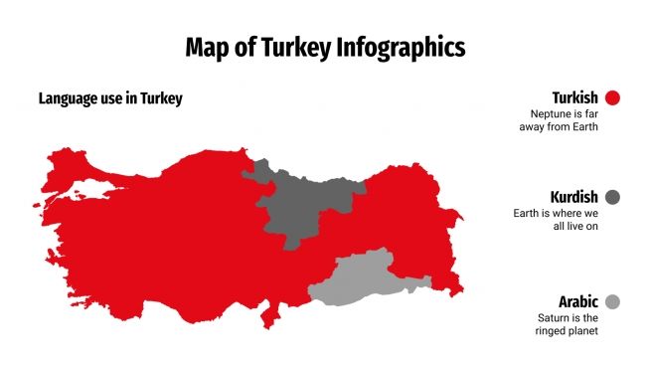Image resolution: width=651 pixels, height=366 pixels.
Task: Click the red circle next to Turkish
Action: (612, 97)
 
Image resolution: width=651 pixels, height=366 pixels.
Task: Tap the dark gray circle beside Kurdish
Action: (612, 197)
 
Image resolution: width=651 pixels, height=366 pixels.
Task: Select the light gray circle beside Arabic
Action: (612, 301)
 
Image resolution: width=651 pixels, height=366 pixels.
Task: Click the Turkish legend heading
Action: (574, 97)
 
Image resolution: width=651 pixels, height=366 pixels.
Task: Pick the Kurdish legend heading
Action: (573, 197)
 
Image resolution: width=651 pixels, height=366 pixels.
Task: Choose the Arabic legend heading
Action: (577, 301)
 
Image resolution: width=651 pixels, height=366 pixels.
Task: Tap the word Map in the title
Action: (207, 47)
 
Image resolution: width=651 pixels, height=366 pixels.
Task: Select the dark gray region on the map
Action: (303, 199)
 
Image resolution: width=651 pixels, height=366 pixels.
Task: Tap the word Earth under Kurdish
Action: (528, 213)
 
